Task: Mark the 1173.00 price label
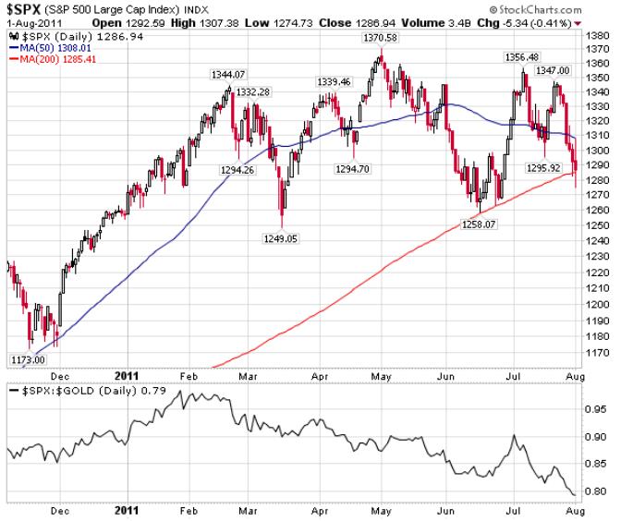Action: click(28, 359)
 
